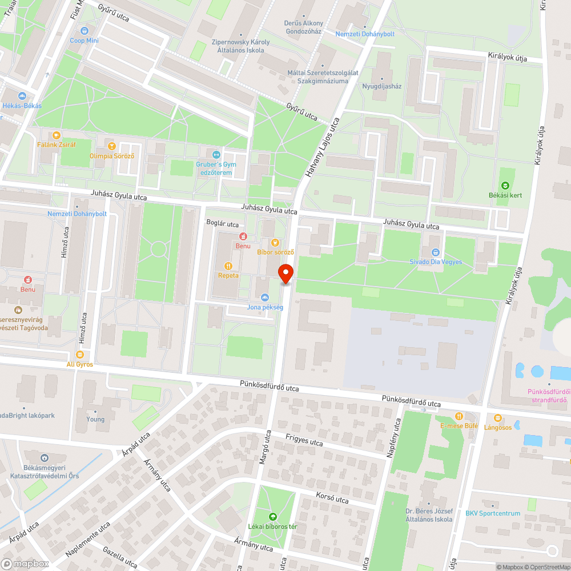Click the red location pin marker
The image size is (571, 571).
pos(285,273)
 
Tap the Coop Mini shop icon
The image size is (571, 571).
pos(85,30)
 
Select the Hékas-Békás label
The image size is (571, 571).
pos(22,106)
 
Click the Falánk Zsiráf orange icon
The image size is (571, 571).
pos(56,135)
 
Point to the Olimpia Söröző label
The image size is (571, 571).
pos(111,156)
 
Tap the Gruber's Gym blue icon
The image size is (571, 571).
pos(216,154)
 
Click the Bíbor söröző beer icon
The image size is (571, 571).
pos(275,242)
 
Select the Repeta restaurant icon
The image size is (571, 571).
pos(228,266)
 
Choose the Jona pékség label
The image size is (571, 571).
pos(265,307)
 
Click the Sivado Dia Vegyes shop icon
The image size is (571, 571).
pos(436,252)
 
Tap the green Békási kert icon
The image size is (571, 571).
pos(505,185)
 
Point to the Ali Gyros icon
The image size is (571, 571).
pos(79,355)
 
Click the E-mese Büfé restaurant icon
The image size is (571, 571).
pos(458,416)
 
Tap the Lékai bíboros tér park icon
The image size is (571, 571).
pos(271,516)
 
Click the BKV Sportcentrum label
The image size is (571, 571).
pos(493,513)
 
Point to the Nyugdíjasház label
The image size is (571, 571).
pos(382,87)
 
